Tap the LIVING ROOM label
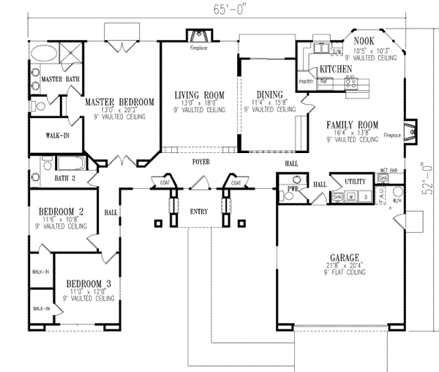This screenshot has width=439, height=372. pos(199,94)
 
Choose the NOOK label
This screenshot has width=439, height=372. pos(364,42)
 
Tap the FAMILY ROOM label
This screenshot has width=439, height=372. pos(352,124)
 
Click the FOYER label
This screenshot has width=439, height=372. pos(202,160)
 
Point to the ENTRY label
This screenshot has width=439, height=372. pos(198,212)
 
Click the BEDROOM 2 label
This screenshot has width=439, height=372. pos(61,212)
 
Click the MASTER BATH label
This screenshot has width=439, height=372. pos(59,78)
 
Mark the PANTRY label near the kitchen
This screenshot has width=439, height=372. pos(306,82)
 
